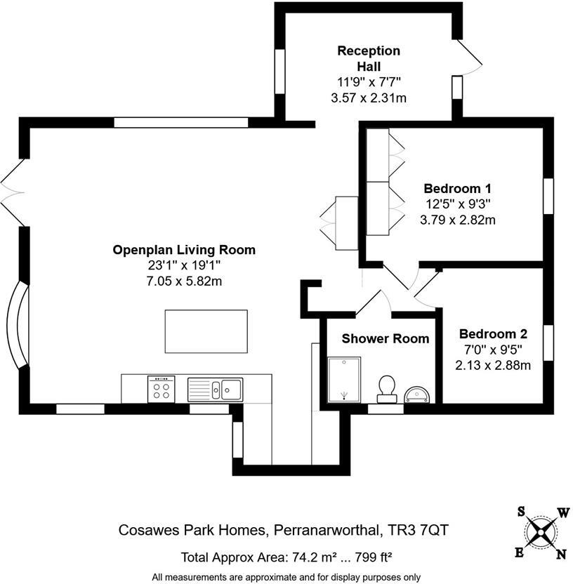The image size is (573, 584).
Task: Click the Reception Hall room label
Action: click(369, 58)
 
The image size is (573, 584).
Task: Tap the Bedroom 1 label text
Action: click(457, 189)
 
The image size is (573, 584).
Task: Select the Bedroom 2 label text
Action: click(492, 334)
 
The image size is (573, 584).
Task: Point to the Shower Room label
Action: click(385, 338)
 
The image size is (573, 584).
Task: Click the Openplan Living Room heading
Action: click(184, 250)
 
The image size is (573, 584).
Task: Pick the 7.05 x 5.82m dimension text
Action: click(184, 281)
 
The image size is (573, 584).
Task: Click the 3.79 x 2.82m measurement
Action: click(457, 220)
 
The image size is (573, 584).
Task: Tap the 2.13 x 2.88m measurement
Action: click(492, 365)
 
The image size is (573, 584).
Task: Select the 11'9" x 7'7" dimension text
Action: click(369, 81)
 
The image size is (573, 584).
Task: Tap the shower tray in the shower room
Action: click(344, 379)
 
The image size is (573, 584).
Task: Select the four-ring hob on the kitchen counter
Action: click(161, 389)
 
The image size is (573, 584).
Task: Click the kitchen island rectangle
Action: click(206, 331)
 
